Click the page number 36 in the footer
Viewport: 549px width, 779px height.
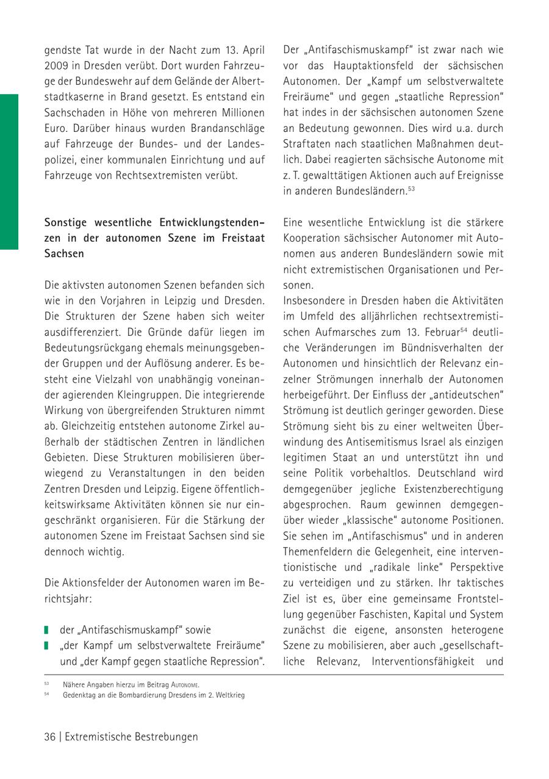point(49,737)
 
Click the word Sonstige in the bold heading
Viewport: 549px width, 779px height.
point(66,222)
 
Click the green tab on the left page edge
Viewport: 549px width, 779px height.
point(9,172)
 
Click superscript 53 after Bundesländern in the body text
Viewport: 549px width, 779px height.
point(412,188)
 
